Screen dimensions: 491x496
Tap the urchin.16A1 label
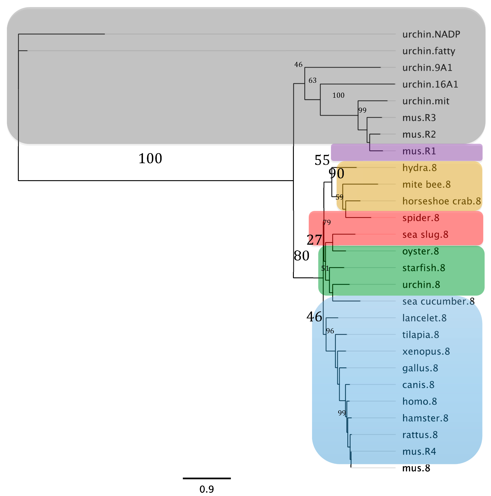(430, 84)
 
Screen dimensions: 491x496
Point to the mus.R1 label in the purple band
(419, 151)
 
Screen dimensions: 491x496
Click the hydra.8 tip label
(419, 168)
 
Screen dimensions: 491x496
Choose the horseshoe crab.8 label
(441, 201)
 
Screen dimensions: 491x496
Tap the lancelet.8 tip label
(424, 318)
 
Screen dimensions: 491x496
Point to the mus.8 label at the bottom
(416, 468)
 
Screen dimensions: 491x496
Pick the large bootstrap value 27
(314, 240)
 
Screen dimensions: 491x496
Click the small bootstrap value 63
(313, 80)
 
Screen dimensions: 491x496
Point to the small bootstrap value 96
(330, 331)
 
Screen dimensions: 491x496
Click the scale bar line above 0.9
(207, 478)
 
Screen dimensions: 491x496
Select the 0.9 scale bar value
(207, 489)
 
